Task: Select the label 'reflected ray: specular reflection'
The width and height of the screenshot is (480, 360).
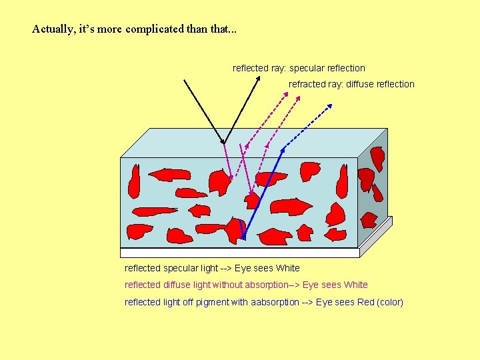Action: click(299, 68)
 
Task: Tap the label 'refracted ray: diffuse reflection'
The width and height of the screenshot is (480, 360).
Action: click(351, 84)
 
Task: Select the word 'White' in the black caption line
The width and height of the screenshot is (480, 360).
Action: click(287, 268)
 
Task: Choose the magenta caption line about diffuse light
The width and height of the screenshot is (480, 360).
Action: click(246, 285)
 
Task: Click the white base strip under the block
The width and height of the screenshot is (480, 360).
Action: click(240, 252)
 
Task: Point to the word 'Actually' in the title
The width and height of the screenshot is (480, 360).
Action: click(51, 29)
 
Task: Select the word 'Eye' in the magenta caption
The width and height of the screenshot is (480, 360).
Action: click(311, 285)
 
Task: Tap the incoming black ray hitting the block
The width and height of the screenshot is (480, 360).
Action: click(203, 111)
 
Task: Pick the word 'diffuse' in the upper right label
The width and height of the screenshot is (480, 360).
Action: click(359, 84)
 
